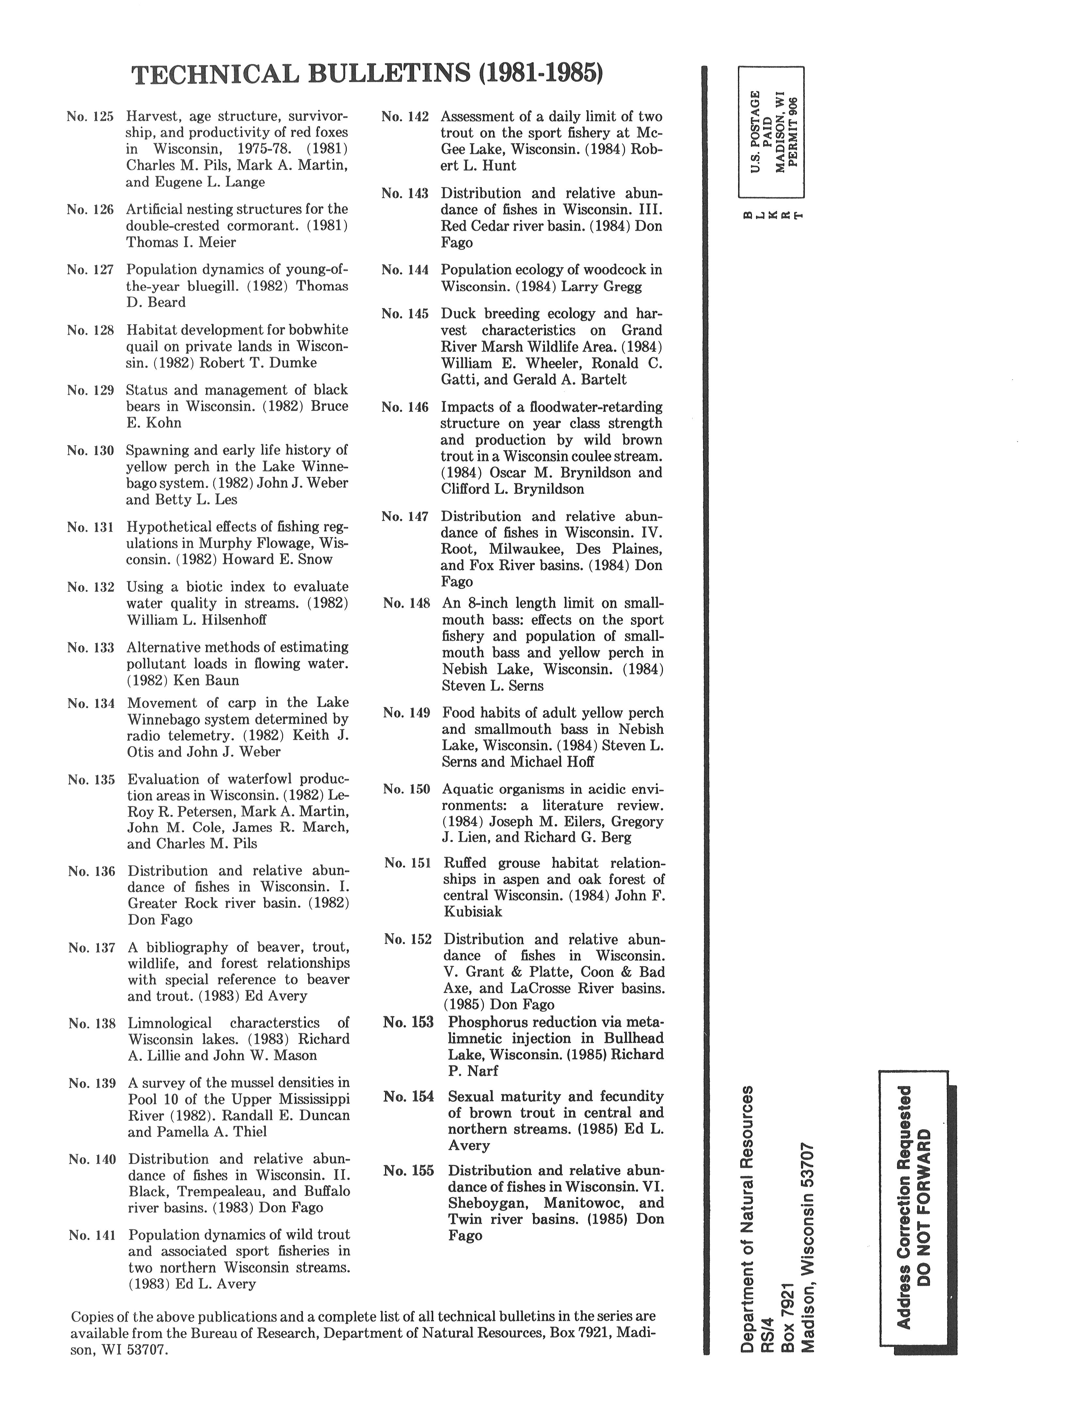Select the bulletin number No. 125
(90, 117)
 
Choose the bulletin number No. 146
(405, 407)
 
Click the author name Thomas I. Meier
(181, 243)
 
